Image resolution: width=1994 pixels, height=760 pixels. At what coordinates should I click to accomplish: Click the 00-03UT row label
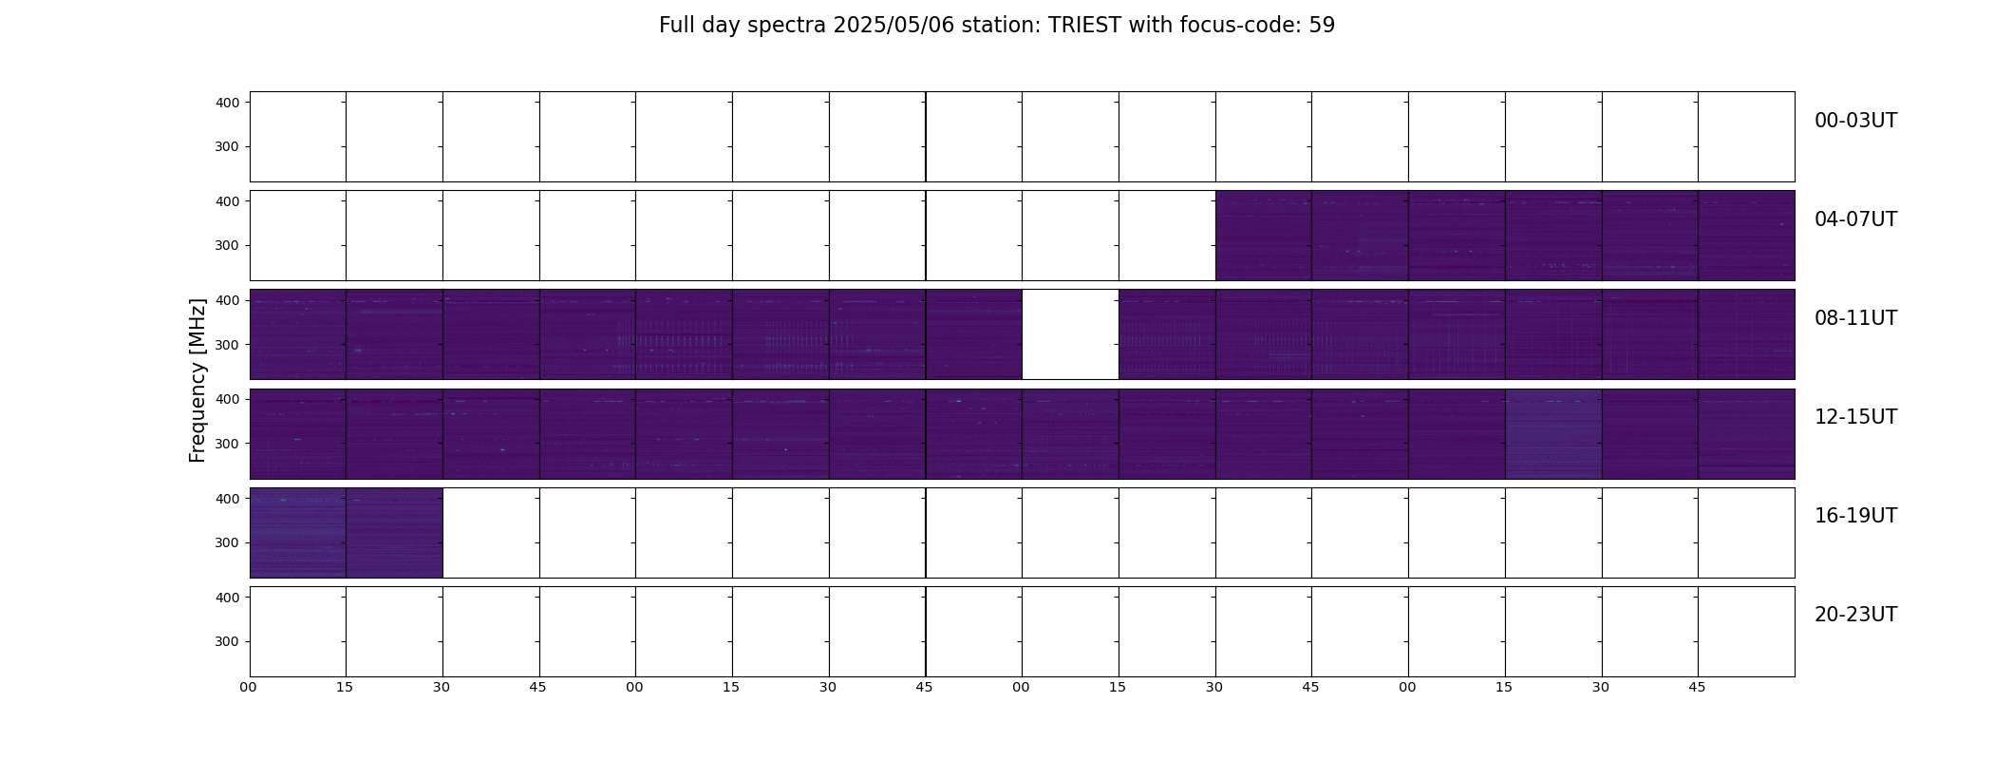point(1855,121)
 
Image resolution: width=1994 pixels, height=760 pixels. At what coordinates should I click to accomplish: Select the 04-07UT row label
point(1855,219)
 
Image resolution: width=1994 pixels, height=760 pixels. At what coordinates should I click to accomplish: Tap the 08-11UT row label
point(1855,318)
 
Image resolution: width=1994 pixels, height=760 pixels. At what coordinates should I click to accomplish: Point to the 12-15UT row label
point(1855,417)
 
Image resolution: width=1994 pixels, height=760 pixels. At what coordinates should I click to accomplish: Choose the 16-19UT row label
point(1855,516)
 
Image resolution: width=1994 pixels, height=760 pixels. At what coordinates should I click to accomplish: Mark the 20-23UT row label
point(1855,615)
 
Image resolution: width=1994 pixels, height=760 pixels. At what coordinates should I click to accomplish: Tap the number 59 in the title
point(1322,26)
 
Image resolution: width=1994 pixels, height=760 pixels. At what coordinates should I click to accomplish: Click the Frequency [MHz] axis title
point(198,381)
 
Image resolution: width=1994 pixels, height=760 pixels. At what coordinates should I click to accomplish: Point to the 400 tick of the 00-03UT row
point(228,103)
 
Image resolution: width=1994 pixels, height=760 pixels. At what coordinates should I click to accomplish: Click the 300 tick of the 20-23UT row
point(228,641)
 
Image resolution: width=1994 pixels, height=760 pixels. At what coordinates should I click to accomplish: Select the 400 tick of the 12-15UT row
point(228,399)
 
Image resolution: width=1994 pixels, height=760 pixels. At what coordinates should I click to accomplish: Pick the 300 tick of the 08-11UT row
point(228,345)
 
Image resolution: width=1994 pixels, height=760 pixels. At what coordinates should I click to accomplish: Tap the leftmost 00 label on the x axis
point(248,687)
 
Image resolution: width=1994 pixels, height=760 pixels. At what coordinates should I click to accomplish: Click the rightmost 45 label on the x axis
point(1697,687)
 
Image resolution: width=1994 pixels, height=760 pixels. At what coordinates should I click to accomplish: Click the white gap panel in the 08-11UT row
point(1070,334)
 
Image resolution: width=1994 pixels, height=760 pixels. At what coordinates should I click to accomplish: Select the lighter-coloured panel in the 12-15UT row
point(1553,433)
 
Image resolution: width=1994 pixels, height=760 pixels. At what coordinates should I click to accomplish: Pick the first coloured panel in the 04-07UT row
point(1264,236)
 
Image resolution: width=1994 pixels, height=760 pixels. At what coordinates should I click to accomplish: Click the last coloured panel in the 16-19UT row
point(394,533)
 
